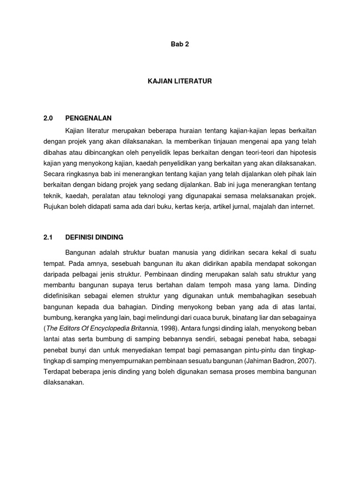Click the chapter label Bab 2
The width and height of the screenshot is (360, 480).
(180, 45)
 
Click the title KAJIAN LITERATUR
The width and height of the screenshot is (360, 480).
(180, 82)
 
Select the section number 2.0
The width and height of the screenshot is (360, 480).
(49, 118)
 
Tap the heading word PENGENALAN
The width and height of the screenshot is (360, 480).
(89, 118)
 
